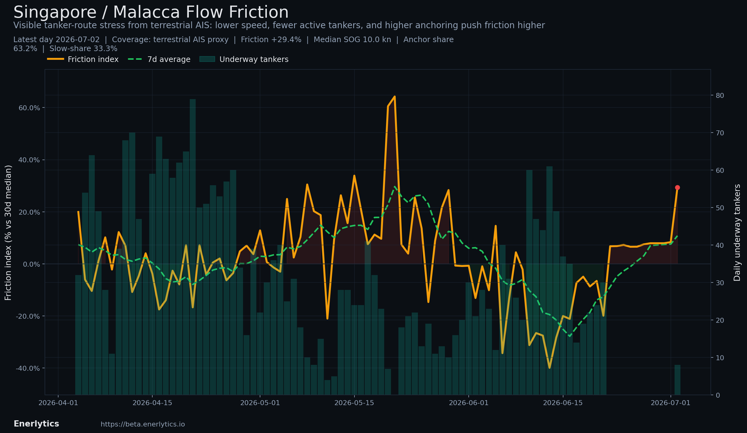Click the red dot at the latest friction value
(677, 187)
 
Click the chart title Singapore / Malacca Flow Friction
(151, 12)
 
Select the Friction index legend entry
(83, 59)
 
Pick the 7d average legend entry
(159, 59)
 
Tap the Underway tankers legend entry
(244, 59)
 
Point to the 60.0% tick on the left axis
(29, 108)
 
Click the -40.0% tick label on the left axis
(28, 368)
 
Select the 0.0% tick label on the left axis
(32, 264)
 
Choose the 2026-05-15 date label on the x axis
(354, 403)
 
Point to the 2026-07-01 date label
(671, 403)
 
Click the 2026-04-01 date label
(58, 403)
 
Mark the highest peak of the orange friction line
(394, 96)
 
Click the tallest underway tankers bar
(193, 247)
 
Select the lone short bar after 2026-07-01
(677, 380)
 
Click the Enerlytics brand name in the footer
(36, 424)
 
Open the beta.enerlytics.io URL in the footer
(143, 424)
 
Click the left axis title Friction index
(8, 233)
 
